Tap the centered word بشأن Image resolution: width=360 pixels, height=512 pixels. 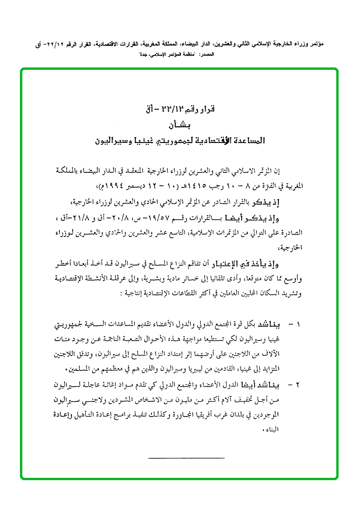click(180, 126)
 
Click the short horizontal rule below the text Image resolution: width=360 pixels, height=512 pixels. click(187, 458)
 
